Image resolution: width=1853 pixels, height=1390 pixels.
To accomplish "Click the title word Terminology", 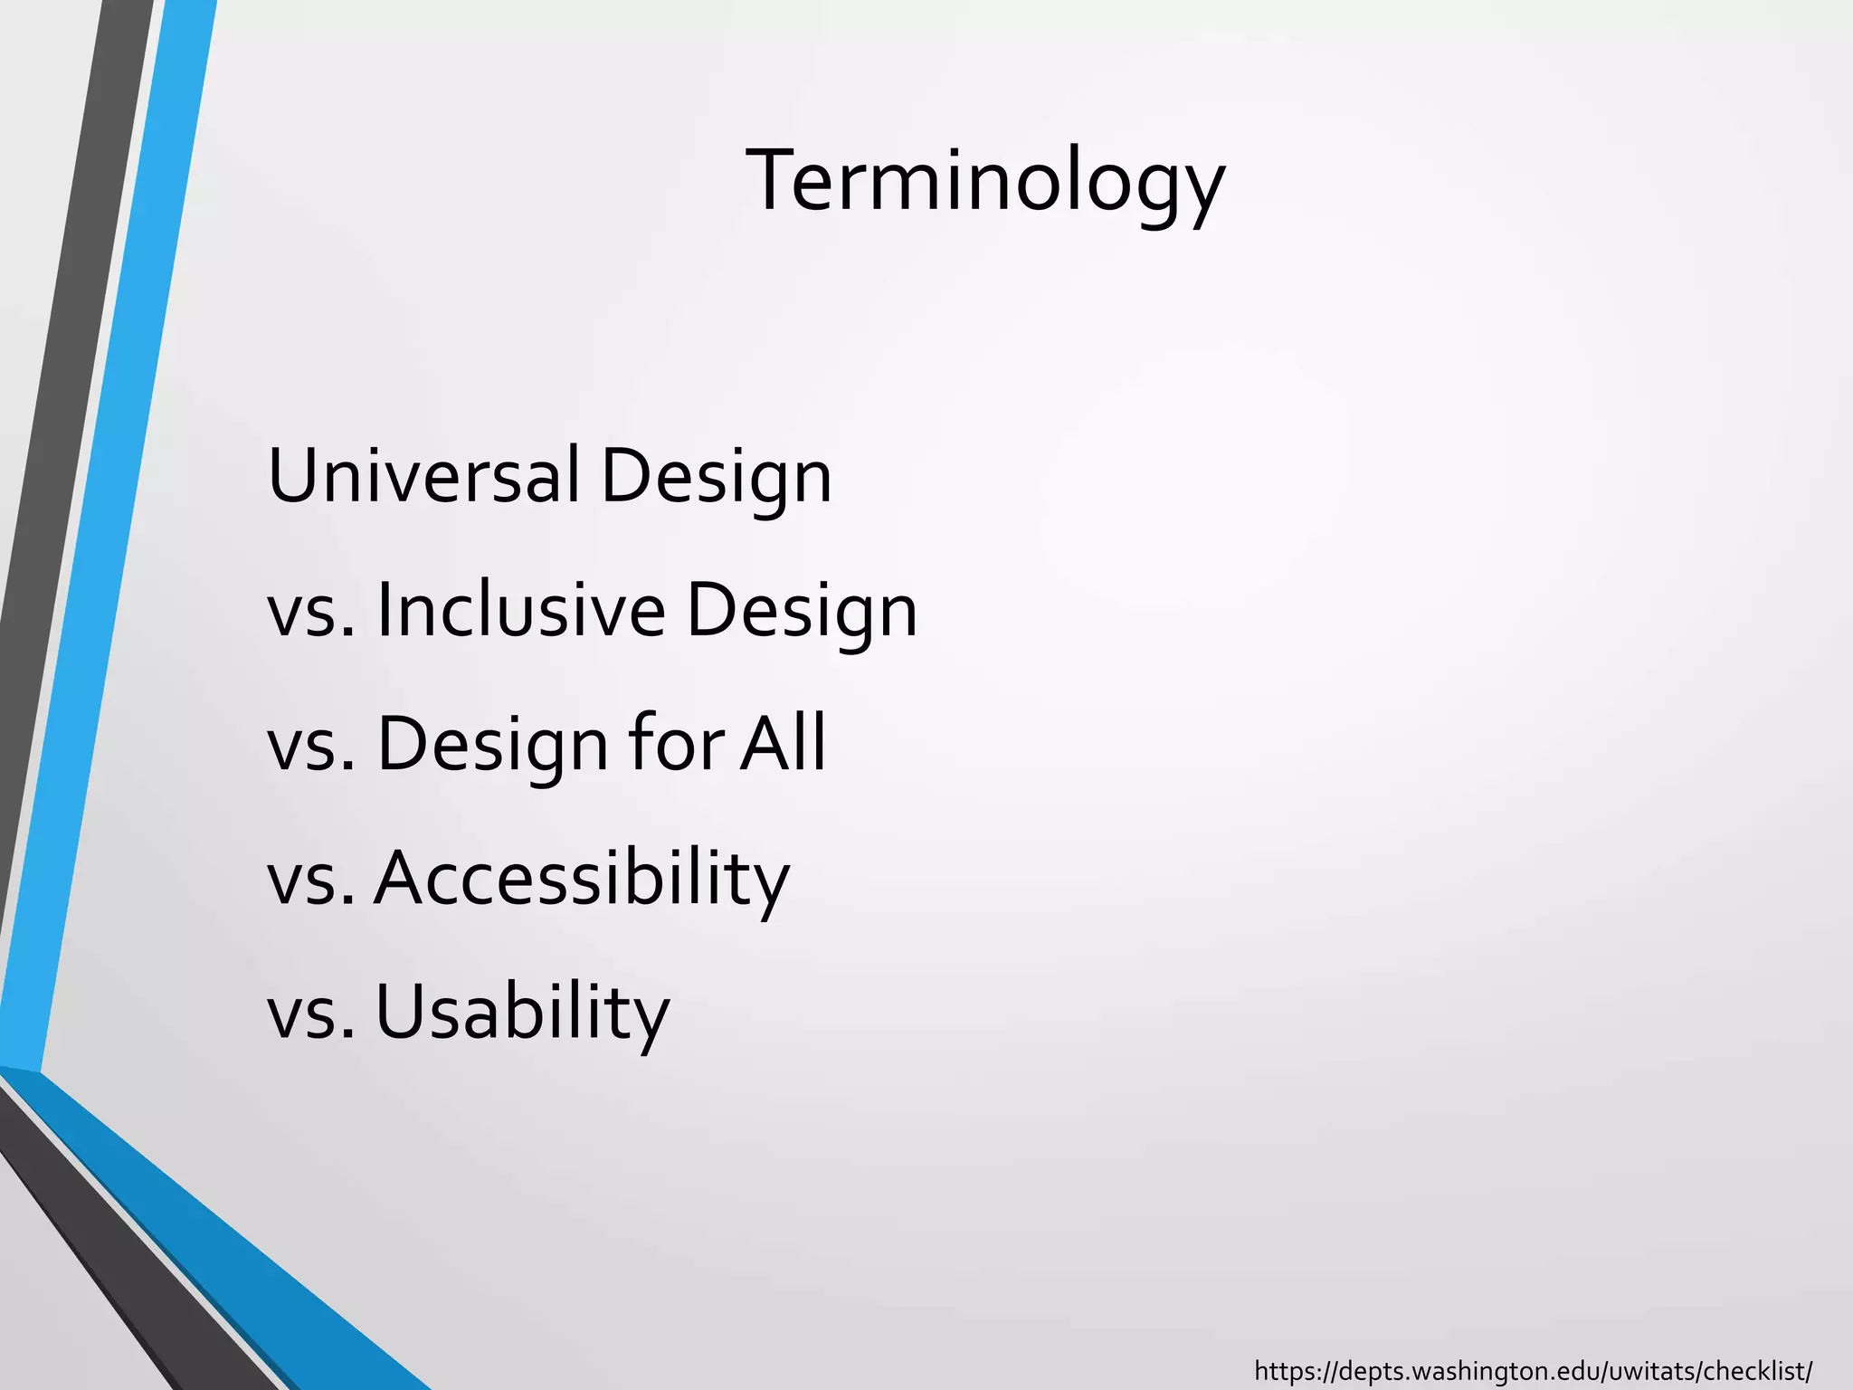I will click(984, 181).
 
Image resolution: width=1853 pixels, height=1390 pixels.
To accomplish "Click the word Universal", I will click(423, 476).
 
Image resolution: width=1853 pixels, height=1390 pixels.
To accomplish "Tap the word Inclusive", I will click(520, 610).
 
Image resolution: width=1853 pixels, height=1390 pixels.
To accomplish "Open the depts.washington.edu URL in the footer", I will click(1533, 1371).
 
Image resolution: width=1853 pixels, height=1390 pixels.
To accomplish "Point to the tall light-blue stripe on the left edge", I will click(109, 543).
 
